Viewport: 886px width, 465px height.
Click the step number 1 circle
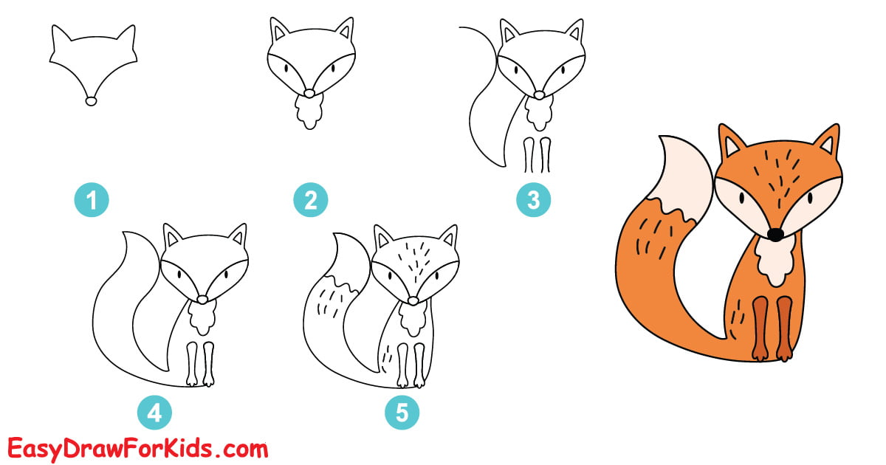[92, 200]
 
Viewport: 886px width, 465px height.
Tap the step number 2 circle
[311, 200]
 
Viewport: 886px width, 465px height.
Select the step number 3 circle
[533, 200]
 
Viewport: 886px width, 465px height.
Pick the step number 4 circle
[154, 413]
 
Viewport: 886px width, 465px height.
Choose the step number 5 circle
[402, 413]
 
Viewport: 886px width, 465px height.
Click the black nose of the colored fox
[775, 234]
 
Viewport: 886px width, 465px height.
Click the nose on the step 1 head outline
[92, 101]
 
